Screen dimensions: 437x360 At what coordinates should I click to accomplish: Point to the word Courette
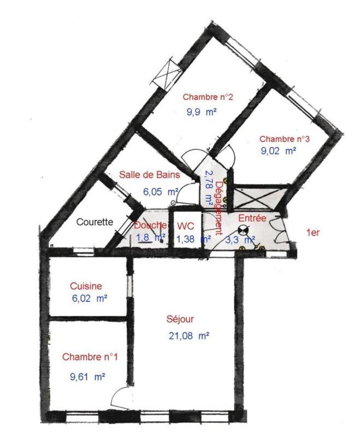coord(95,222)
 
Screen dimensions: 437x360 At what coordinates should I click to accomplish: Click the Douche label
coord(150,225)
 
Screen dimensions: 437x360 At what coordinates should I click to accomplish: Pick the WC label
coord(186,225)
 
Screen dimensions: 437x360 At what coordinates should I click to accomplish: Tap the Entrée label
coord(252,218)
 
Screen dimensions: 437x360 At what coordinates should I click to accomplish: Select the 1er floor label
coord(312,233)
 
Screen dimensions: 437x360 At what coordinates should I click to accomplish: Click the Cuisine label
coord(86,286)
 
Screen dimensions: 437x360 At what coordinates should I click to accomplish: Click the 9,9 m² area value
coord(202,113)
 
